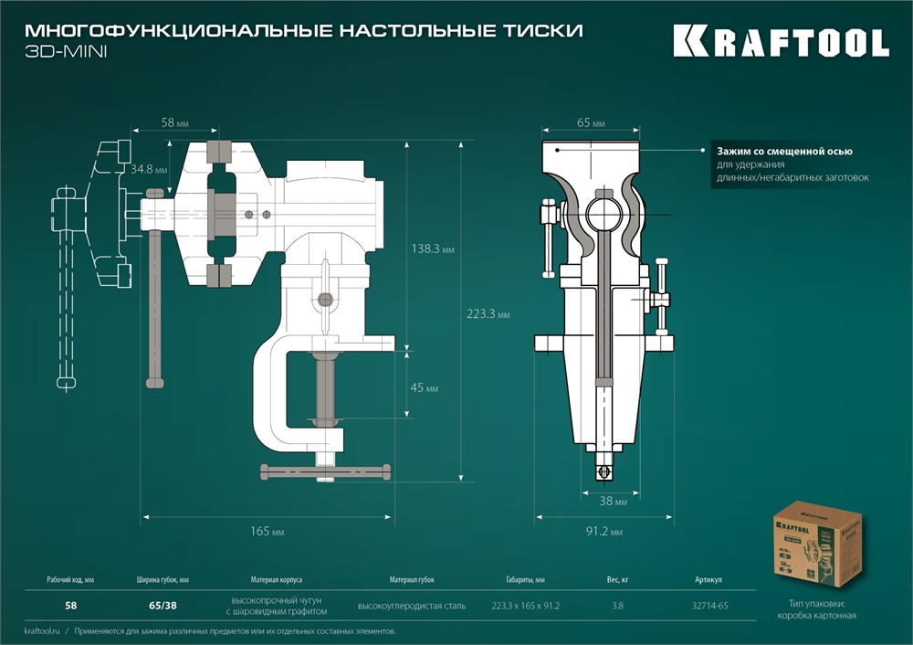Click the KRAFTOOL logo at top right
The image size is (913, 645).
(x=781, y=42)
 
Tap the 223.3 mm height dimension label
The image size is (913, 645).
(x=488, y=314)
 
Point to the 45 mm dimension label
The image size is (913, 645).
(x=425, y=388)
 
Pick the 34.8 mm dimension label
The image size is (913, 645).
(x=148, y=170)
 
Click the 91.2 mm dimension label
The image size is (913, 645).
(x=603, y=532)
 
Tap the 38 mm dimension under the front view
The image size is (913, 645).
(x=614, y=502)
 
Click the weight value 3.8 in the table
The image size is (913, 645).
(x=618, y=605)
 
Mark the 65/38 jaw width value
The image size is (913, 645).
(x=163, y=605)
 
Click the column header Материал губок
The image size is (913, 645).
(x=412, y=580)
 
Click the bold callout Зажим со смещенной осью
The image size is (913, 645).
(x=784, y=152)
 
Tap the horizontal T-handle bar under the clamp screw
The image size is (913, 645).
(x=326, y=471)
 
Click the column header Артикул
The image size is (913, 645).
(x=708, y=580)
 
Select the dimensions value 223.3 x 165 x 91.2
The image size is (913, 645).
(x=525, y=605)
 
